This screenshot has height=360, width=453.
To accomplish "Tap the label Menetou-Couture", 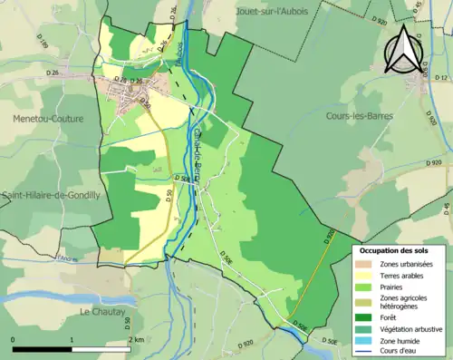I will pyautogui.click(x=48, y=119).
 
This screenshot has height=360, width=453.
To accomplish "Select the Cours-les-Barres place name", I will pyautogui.click(x=360, y=116).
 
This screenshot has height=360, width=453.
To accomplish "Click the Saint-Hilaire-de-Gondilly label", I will pyautogui.click(x=51, y=194).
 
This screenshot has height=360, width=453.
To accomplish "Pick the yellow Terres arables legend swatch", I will pyautogui.click(x=366, y=275).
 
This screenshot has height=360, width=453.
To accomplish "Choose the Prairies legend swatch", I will pyautogui.click(x=366, y=287).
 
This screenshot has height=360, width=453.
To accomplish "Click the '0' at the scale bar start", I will pyautogui.click(x=14, y=339).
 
